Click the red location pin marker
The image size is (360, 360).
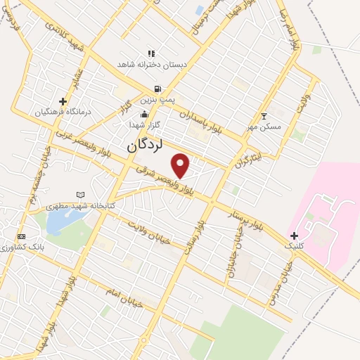pyautogui.click(x=181, y=165)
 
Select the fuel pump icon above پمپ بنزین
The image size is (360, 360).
pyautogui.click(x=157, y=89)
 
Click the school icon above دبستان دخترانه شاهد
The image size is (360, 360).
pyautogui.click(x=150, y=53)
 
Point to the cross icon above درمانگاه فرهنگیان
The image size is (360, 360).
pyautogui.click(x=63, y=101)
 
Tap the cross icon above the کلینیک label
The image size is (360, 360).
pyautogui.click(x=294, y=235)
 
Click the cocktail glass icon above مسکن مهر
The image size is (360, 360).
pyautogui.click(x=264, y=116)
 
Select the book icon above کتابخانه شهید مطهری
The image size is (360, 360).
pyautogui.click(x=80, y=194)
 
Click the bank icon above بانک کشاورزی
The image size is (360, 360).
pyautogui.click(x=22, y=236)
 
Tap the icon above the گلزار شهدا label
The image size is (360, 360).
pyautogui.click(x=145, y=113)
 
